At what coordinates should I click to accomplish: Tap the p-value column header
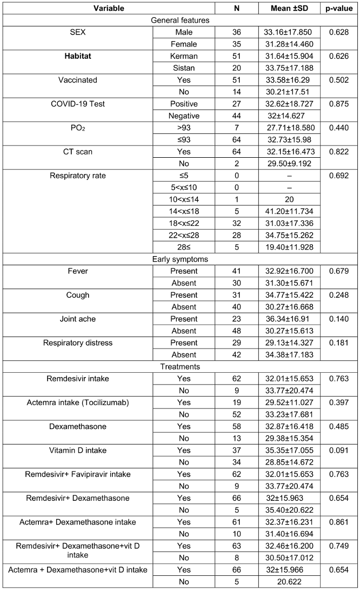339,8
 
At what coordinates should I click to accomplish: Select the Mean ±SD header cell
290,8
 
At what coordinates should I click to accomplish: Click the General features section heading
179,20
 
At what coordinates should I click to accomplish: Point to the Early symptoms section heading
179,259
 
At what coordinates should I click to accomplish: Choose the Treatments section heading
179,366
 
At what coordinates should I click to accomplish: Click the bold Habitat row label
78,56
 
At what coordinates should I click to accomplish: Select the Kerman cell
183,56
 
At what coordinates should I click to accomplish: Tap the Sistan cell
183,68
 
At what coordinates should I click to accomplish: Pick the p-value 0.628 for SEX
339,32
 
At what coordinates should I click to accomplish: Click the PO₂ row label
78,127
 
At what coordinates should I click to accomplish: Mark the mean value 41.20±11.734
290,211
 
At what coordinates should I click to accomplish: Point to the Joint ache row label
78,319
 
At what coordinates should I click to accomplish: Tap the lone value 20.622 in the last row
290,581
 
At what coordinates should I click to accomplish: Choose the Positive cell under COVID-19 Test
183,104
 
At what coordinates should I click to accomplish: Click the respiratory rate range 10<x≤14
183,199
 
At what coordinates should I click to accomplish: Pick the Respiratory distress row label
78,342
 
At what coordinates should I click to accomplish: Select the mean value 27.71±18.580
290,127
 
